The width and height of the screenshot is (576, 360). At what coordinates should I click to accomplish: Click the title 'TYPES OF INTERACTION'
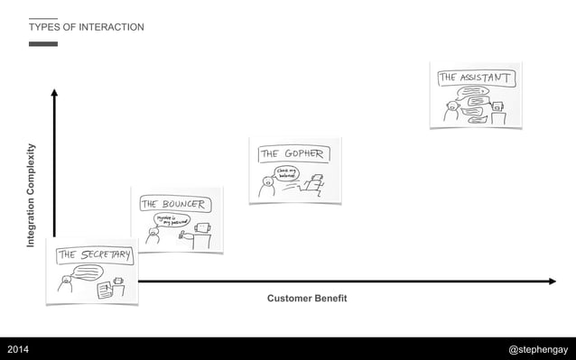coord(86,27)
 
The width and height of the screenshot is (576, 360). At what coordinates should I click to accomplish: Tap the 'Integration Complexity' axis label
coord(31,195)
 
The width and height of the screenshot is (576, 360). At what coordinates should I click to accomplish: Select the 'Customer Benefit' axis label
coord(307,299)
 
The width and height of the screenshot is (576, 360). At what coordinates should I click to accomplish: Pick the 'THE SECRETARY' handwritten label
coord(95,255)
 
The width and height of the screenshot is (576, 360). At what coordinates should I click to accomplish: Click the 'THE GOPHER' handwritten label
coord(292,154)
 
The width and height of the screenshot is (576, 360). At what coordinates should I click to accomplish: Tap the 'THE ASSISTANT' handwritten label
coord(476,78)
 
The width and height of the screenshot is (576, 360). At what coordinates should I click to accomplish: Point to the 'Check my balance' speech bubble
coord(288,171)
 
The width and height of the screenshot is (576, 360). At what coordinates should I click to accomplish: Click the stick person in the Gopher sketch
coord(266,187)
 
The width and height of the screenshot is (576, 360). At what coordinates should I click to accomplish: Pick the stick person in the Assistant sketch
coord(451,111)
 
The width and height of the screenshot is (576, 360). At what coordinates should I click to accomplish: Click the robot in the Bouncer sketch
coord(200,233)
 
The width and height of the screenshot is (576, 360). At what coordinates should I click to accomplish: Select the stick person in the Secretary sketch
coord(64,283)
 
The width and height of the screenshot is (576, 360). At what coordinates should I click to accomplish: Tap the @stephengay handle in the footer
coord(539,348)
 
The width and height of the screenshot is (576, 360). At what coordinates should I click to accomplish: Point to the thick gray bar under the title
coord(42,43)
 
